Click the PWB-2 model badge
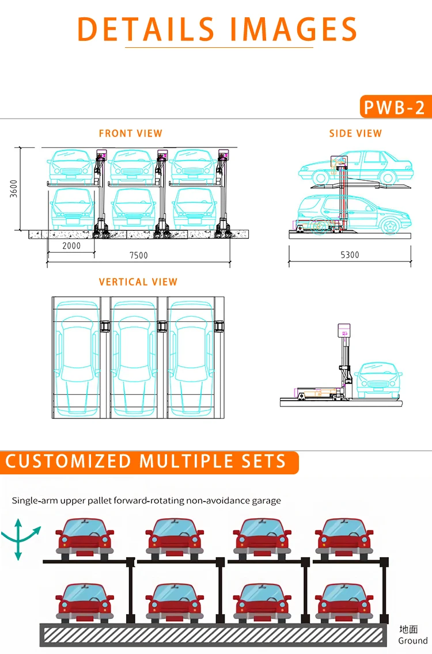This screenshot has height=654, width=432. [395, 107]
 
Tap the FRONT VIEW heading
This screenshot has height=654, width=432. [131, 134]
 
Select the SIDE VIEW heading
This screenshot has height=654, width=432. [355, 134]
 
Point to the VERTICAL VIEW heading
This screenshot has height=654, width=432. [138, 282]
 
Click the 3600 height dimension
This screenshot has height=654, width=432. [14, 188]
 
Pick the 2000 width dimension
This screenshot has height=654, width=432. [71, 246]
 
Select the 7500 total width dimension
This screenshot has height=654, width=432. [138, 256]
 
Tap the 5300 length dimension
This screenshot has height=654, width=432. [350, 255]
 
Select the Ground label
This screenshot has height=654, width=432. [413, 640]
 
